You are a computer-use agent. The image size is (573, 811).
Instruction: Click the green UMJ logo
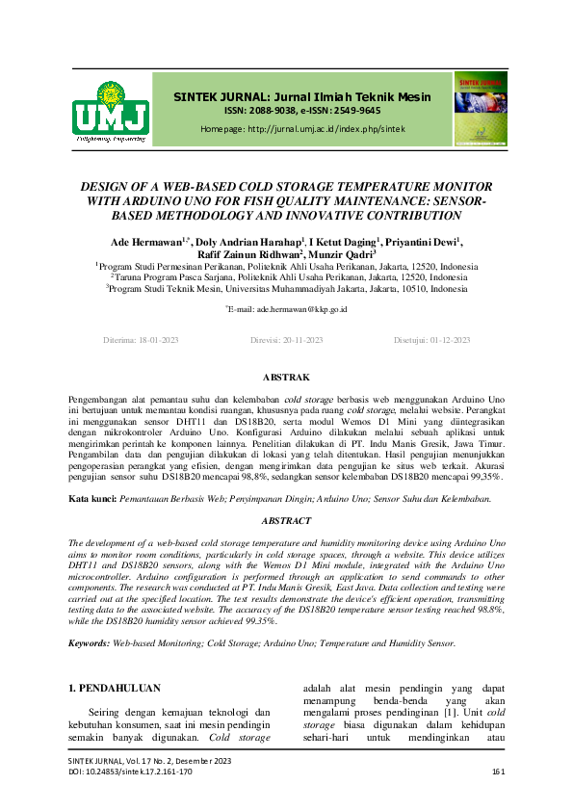tap(110, 112)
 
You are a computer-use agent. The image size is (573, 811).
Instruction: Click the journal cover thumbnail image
tap(481, 109)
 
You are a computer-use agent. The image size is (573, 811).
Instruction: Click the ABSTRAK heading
tap(286, 377)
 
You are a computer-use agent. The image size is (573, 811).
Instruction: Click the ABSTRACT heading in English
tap(286, 520)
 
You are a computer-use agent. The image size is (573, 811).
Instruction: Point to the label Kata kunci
tap(93, 499)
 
